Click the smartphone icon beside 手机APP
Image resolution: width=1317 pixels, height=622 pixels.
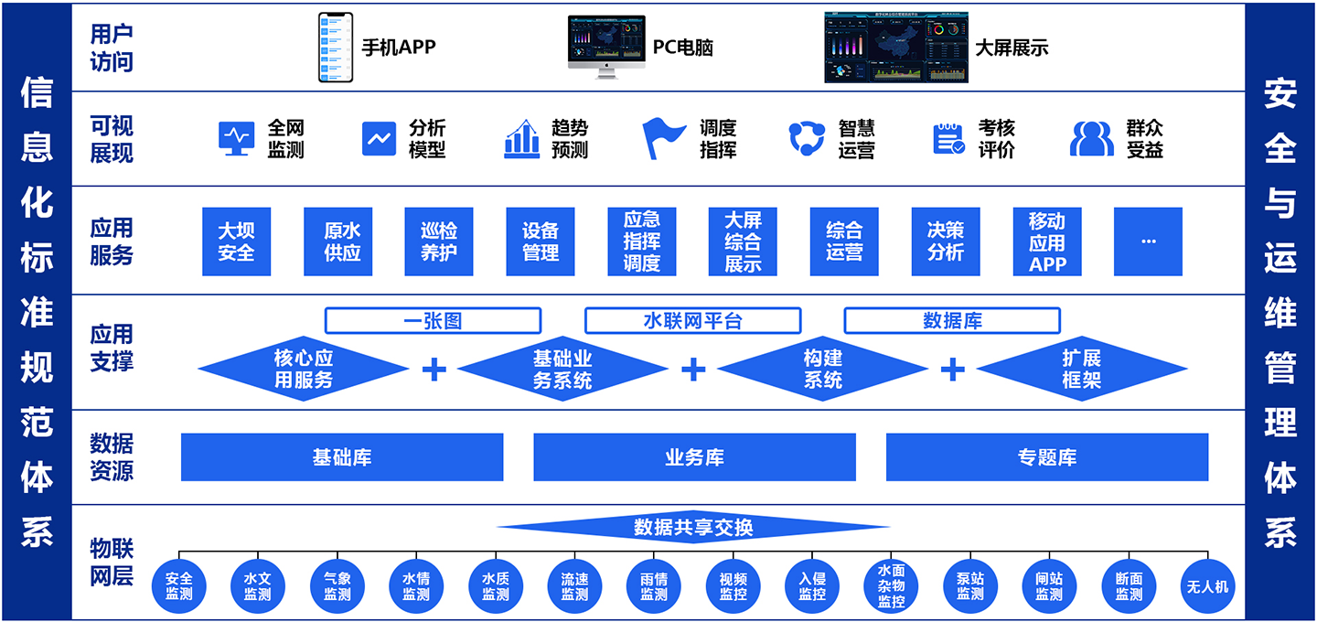point(335,48)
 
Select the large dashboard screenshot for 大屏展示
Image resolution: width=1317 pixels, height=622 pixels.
point(895,48)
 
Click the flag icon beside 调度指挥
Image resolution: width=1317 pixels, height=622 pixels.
point(663,138)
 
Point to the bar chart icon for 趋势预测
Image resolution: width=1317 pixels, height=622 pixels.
point(521,139)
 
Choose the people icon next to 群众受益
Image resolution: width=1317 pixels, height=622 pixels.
point(1091,139)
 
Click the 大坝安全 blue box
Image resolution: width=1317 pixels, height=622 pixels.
point(236,241)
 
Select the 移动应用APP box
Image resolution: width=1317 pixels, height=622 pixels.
point(1047,241)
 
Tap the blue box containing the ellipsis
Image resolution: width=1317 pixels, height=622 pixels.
point(1148,241)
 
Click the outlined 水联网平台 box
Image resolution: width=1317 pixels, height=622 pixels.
point(692,320)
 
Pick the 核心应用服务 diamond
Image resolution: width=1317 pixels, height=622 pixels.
point(304,369)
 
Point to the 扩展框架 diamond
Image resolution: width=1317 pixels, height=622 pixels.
point(1081,369)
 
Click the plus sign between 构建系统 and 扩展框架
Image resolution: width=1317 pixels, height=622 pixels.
point(953,369)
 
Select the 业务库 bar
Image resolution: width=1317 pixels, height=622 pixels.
point(694,457)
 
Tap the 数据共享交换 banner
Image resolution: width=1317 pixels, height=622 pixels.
point(693,528)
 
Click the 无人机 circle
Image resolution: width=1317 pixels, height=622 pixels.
point(1207,586)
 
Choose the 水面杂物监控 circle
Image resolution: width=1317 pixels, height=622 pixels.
point(891,586)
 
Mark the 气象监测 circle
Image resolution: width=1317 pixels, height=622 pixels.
point(337,586)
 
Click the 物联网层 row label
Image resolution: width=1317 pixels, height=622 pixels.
point(112,562)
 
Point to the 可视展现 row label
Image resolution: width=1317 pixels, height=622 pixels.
point(112,139)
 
